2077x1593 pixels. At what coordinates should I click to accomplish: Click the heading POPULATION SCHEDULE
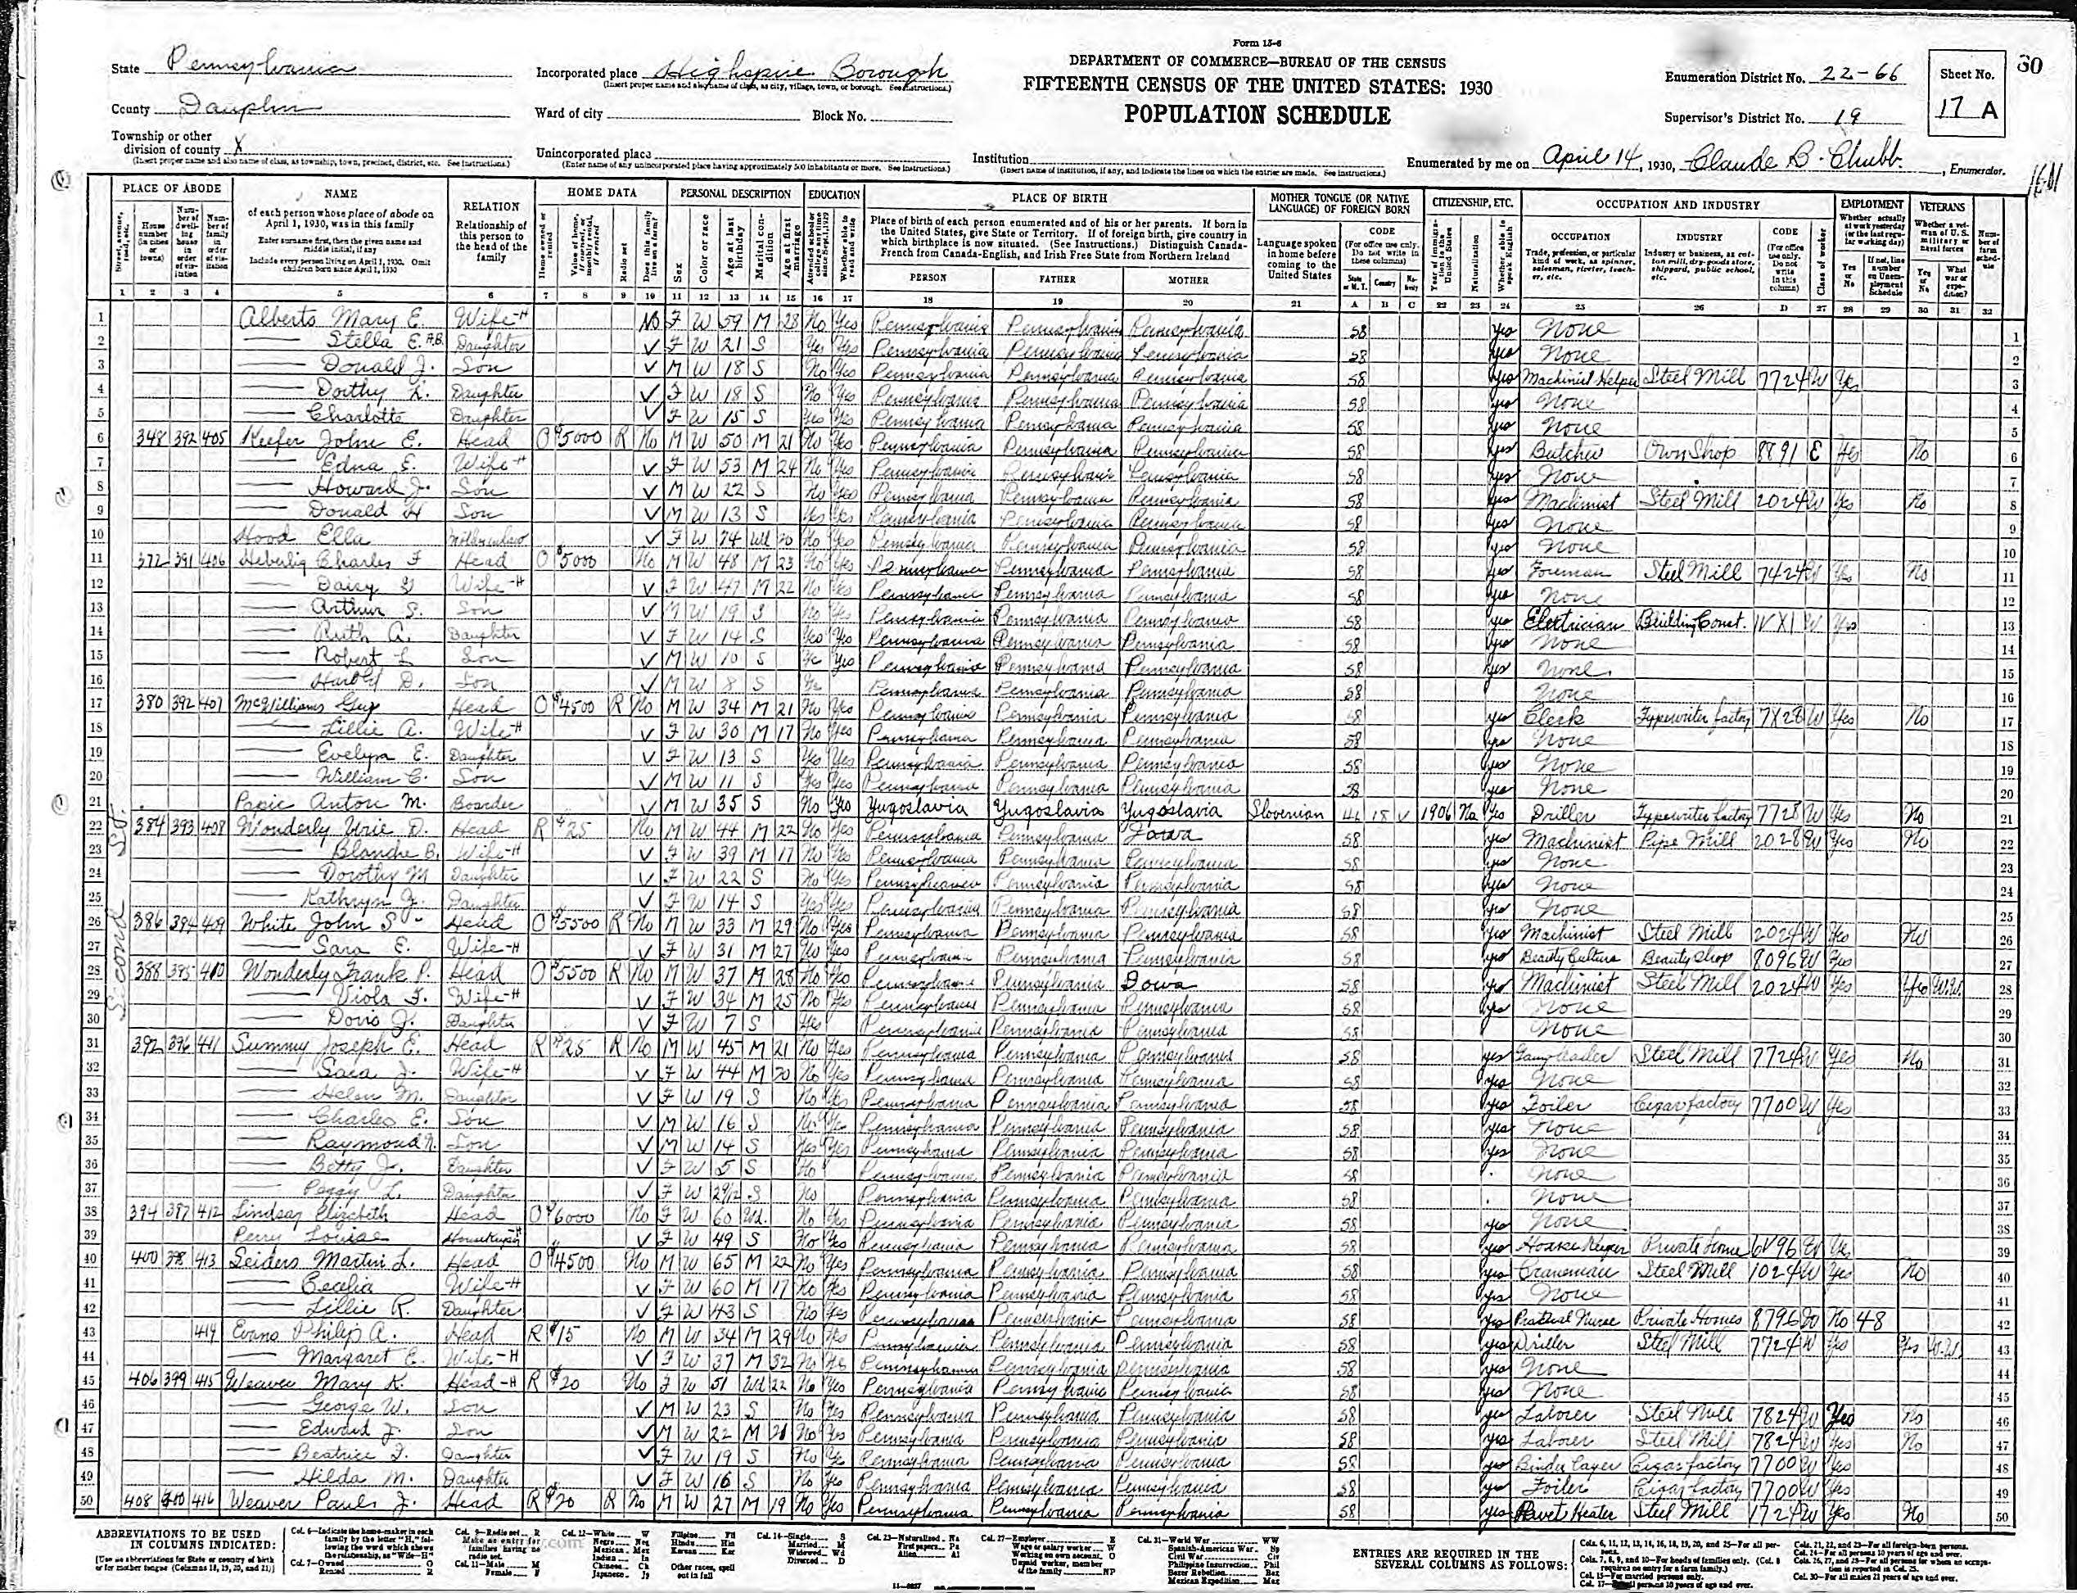point(1257,115)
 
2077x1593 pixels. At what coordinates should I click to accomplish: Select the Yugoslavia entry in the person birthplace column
point(913,811)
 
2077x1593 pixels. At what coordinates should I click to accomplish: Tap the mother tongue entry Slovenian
point(1293,813)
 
